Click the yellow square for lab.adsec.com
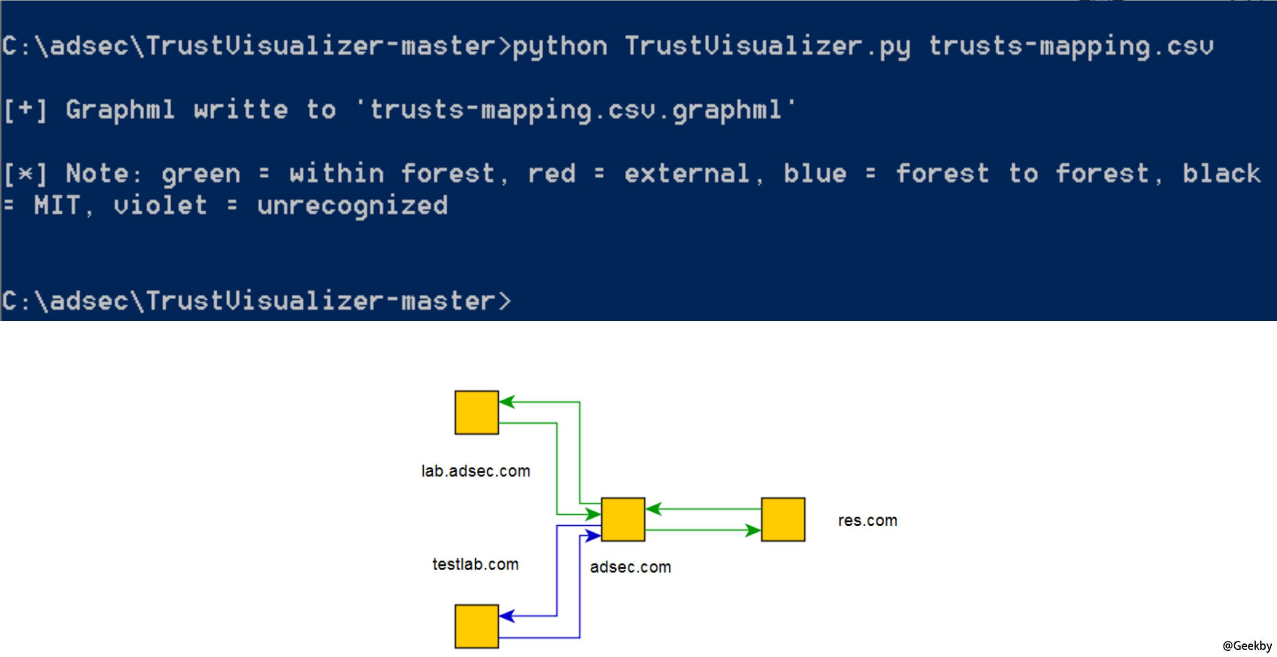coord(476,412)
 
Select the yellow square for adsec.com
coord(623,519)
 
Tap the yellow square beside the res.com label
coord(783,519)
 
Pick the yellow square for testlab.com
coord(476,626)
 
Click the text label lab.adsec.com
coord(475,471)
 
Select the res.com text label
coord(868,520)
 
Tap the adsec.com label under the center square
coord(630,567)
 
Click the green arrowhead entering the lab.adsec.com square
coord(507,402)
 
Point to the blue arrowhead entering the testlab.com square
coord(507,616)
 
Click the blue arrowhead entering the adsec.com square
coord(593,536)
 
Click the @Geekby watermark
coord(1247,646)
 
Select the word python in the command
coord(560,46)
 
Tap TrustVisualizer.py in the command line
coord(768,46)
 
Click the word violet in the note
coord(160,206)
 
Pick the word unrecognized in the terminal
coord(352,206)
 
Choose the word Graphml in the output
coord(120,109)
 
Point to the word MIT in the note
coord(56,206)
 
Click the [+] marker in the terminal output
coord(25,109)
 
